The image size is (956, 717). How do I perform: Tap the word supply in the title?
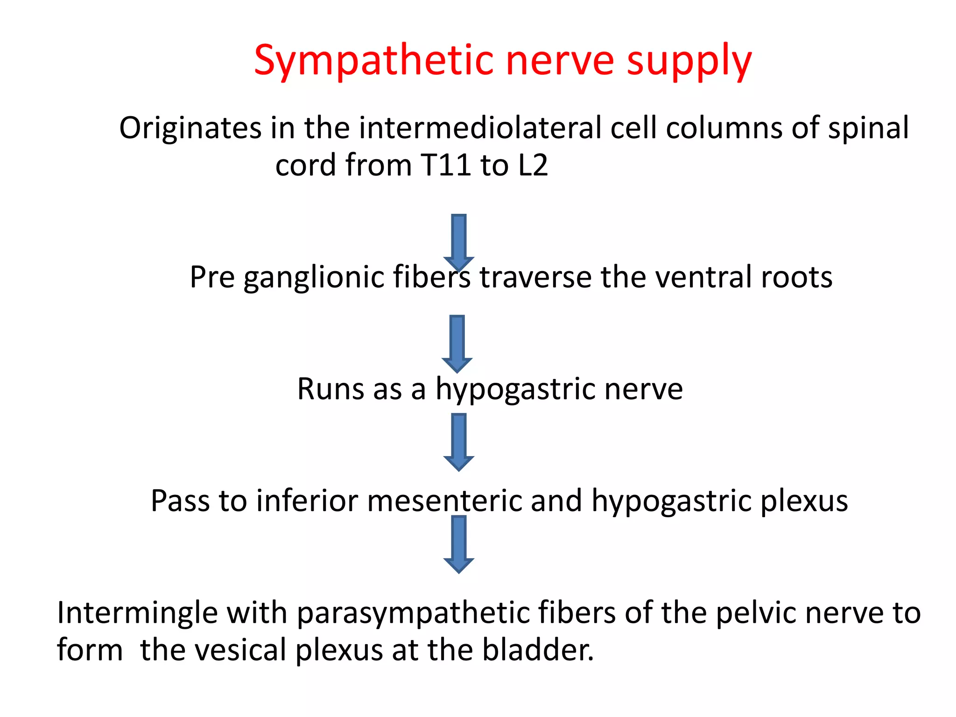[689, 61]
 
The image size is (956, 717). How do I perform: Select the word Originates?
[190, 128]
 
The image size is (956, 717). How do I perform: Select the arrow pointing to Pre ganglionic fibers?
[459, 241]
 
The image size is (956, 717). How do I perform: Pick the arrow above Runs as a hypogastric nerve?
[457, 343]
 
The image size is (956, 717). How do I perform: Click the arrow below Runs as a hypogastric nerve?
[459, 441]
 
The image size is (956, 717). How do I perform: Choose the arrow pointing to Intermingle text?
[459, 543]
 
